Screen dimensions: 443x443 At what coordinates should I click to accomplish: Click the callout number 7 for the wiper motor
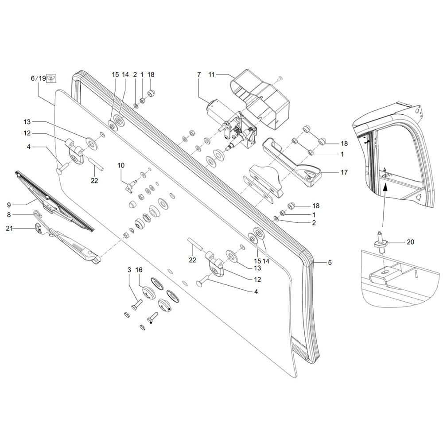199,74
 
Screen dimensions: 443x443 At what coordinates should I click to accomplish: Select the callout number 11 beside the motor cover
212,74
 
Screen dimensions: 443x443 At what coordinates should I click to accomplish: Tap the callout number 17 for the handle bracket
344,172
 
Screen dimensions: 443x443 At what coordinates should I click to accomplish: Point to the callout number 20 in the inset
410,242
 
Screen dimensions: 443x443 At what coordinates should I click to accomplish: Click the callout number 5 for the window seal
330,262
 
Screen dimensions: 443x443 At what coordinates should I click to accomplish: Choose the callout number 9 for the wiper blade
9,205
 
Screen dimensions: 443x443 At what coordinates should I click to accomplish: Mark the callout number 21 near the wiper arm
9,228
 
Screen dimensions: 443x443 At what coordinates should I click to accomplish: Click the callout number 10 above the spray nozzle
121,165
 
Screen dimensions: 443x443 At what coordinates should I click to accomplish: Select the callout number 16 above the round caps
139,270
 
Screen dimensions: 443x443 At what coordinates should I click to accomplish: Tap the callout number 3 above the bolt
129,270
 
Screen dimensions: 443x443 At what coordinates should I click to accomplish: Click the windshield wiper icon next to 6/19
51,78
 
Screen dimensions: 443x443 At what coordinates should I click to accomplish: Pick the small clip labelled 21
38,228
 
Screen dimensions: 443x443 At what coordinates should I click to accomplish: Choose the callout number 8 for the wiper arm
9,215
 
